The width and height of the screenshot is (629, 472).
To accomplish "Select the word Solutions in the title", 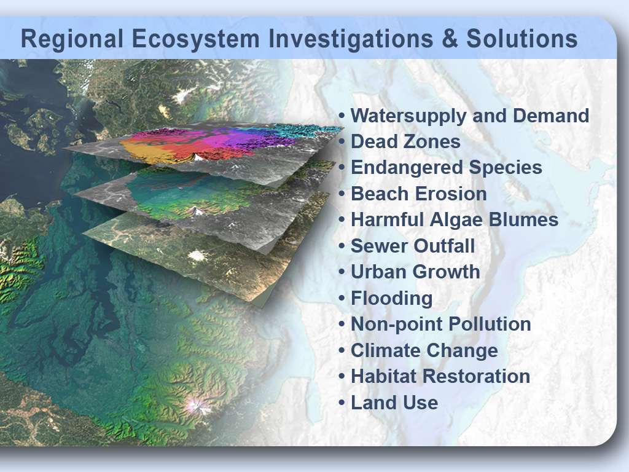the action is tap(522, 39).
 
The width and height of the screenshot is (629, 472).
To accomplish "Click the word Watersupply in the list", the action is tap(408, 116).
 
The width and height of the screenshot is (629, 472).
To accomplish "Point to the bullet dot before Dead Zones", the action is tap(342, 142).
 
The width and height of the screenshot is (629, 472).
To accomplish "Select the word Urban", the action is tap(379, 272).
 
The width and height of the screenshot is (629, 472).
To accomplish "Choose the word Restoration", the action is tap(476, 377).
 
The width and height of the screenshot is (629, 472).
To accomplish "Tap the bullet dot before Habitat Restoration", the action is tap(342, 377).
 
